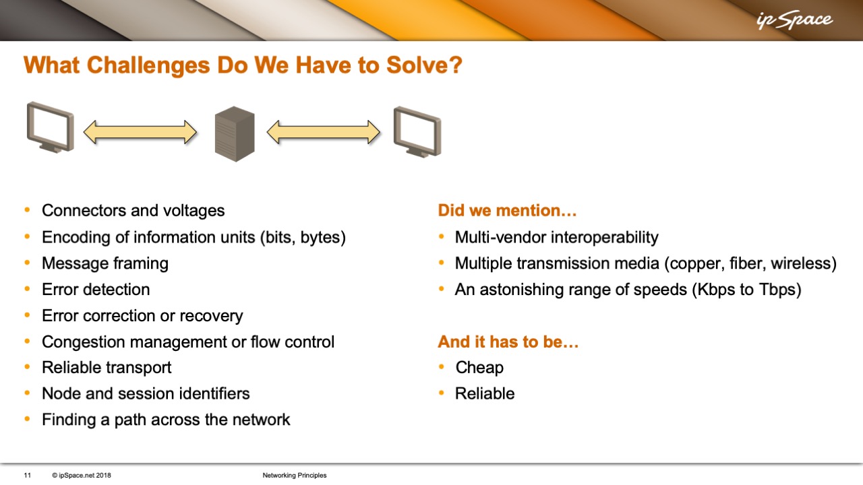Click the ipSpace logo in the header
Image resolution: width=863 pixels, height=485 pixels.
click(794, 20)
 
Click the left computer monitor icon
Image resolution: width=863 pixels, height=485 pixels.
click(51, 127)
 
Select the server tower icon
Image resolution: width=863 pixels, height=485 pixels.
click(235, 133)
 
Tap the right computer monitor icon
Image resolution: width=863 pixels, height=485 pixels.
click(417, 132)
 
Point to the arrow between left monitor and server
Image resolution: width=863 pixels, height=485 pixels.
click(140, 133)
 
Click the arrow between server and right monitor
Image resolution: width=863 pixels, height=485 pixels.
click(324, 133)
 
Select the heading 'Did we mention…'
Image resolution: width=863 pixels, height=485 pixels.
click(508, 211)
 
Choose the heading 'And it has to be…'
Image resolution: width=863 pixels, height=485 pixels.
click(508, 342)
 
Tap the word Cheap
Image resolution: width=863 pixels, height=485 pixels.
click(479, 368)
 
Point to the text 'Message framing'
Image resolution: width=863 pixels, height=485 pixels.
click(105, 263)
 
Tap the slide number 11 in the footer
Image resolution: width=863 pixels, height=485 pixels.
click(28, 476)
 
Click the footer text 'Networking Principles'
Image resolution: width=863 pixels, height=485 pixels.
click(295, 476)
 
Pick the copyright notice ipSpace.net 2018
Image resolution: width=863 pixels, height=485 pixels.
click(82, 476)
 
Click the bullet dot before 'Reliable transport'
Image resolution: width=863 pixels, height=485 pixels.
click(27, 367)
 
